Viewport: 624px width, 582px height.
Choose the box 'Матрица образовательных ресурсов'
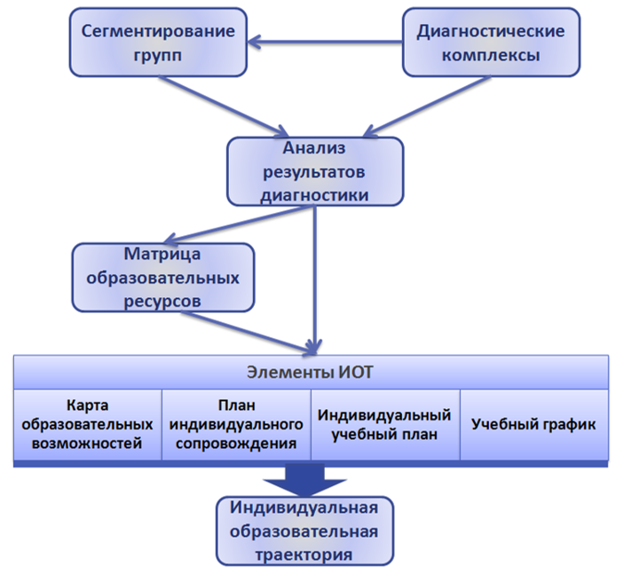(162, 277)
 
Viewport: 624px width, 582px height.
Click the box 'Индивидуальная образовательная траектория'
(304, 531)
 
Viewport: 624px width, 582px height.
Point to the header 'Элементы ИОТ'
(311, 372)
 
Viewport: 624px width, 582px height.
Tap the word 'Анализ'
(313, 148)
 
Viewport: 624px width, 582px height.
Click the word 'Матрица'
(162, 255)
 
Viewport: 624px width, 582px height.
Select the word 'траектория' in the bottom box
(304, 554)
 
